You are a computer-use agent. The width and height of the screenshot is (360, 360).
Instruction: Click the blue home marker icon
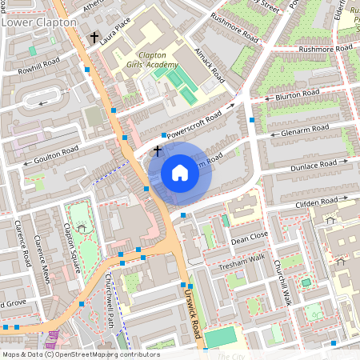point(180,173)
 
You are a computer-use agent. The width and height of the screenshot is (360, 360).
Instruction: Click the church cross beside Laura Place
point(94,38)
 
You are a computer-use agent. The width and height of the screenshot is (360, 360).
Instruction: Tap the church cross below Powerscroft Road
point(158,150)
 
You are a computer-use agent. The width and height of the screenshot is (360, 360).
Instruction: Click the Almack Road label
point(206,73)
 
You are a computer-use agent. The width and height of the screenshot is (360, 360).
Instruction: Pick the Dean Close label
point(249,238)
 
